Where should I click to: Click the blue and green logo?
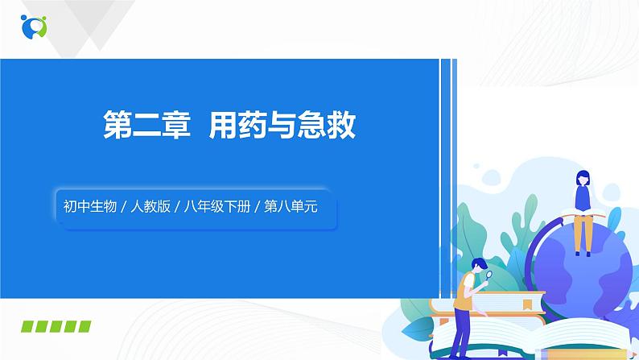coord(35,25)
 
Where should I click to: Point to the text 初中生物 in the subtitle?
coord(89,206)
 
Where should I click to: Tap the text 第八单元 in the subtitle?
coord(291,206)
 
